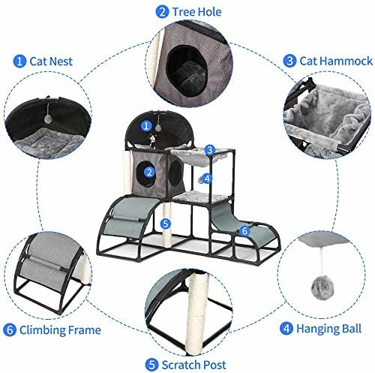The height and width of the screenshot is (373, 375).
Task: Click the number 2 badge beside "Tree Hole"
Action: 162,12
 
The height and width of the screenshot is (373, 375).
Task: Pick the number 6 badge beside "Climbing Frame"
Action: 10,329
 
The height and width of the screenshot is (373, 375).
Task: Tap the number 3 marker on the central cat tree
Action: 211,149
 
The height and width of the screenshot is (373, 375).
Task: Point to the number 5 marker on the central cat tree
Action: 166,223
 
